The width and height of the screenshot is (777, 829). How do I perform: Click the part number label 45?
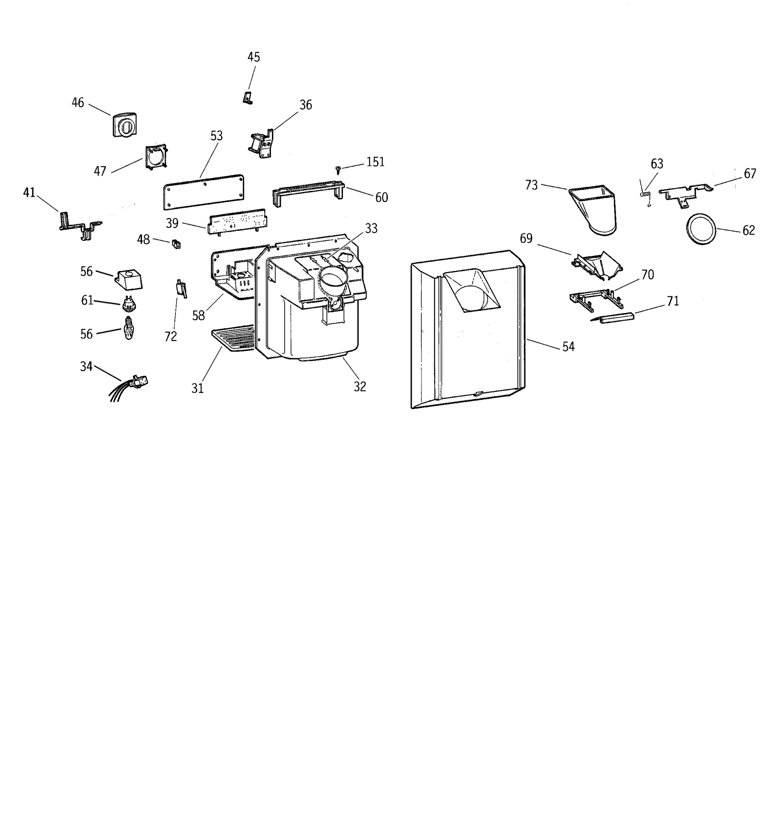tap(253, 57)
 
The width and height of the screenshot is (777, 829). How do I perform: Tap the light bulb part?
tap(128, 329)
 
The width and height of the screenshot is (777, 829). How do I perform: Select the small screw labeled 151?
tap(338, 169)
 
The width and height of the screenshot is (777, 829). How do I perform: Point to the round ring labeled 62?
tap(701, 228)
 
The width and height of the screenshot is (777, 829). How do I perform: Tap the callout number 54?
tap(568, 347)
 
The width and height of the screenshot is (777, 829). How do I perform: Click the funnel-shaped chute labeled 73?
tap(595, 209)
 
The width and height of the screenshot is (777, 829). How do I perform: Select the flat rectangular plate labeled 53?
tap(203, 192)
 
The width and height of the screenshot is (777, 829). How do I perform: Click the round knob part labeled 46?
tap(125, 125)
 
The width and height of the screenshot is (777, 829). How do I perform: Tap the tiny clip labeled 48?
tap(176, 244)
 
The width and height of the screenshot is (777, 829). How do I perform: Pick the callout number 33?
tap(371, 228)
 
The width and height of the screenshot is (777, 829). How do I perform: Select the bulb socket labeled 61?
tap(129, 304)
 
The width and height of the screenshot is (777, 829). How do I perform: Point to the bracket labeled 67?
tap(685, 192)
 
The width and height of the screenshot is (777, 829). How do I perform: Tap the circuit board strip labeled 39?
tap(237, 221)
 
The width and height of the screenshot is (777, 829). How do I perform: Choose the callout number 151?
tap(375, 162)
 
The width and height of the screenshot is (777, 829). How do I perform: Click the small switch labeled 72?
tap(181, 289)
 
